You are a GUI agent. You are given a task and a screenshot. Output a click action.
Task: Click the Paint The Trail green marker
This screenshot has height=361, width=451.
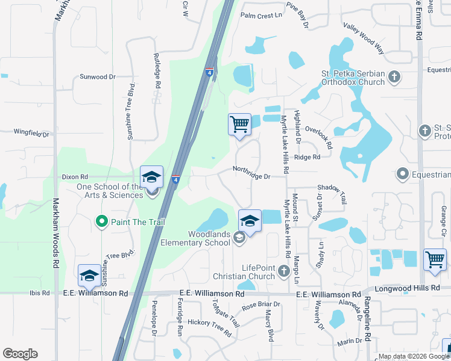[x=101, y=222]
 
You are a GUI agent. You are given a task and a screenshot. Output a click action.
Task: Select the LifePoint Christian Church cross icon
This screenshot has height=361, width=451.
[x=286, y=273]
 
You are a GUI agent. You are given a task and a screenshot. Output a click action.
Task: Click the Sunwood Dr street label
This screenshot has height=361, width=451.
[x=98, y=77]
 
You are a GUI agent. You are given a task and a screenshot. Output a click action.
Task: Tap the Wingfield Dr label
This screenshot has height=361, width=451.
[x=31, y=131]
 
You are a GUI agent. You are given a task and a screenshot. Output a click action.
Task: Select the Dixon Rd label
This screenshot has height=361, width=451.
[x=75, y=177]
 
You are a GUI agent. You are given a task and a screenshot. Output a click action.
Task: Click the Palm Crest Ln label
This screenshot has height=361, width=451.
[x=261, y=16]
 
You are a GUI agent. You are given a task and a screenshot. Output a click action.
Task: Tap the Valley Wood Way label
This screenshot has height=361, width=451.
[x=364, y=31]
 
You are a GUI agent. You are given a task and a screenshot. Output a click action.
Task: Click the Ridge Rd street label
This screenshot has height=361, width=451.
[x=307, y=157]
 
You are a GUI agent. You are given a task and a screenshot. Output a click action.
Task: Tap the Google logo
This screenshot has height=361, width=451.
[x=20, y=354]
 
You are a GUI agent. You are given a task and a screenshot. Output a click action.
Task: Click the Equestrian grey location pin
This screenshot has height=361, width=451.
[x=402, y=174]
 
